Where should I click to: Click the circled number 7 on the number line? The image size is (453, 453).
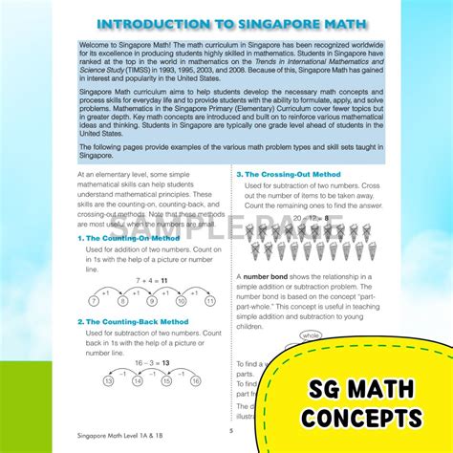(93, 299)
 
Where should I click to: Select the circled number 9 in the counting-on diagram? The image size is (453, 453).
(142, 299)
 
